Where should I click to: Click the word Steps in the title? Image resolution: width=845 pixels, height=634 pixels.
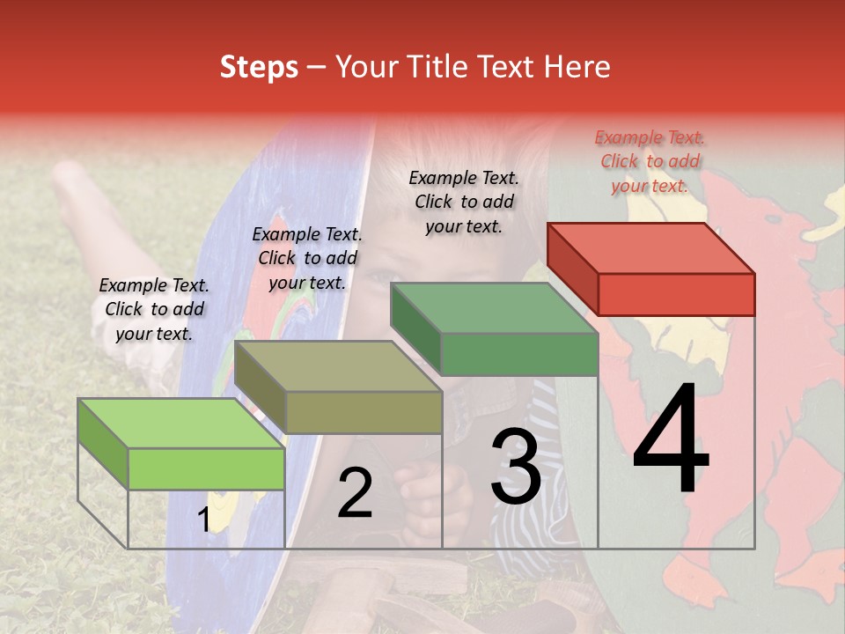click(259, 67)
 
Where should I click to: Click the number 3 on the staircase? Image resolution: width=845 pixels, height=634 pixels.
click(516, 468)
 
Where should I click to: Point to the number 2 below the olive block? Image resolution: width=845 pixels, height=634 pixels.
click(355, 493)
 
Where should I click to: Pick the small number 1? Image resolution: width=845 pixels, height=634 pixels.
click(204, 520)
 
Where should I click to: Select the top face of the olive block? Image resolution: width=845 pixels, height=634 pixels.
click(338, 366)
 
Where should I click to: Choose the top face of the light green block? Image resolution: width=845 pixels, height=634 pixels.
click(181, 424)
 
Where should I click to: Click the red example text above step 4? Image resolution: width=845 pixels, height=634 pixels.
click(650, 161)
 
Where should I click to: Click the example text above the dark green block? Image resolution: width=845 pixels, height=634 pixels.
click(464, 202)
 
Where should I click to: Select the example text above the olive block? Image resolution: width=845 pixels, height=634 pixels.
click(307, 258)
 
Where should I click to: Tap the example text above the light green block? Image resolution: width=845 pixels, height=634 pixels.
click(154, 309)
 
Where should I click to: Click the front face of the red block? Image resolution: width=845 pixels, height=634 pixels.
click(676, 294)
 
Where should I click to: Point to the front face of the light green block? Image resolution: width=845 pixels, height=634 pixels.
click(206, 468)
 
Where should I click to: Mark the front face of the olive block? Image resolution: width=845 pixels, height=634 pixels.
click(364, 412)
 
